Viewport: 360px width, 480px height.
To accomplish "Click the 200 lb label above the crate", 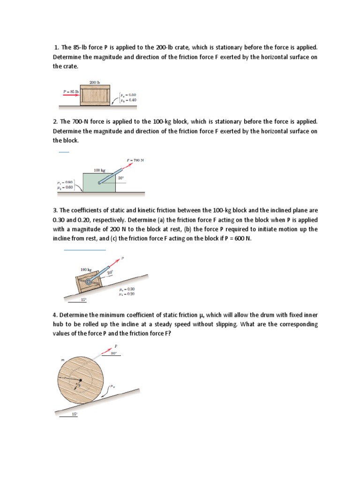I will pyautogui.click(x=95, y=82).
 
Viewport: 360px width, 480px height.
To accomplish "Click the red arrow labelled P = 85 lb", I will pyautogui.click(x=71, y=94).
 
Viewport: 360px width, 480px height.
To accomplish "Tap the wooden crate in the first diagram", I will pyautogui.click(x=95, y=96).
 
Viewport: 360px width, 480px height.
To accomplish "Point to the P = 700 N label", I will pyautogui.click(x=135, y=160).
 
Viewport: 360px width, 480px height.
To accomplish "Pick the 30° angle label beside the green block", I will pyautogui.click(x=120, y=178).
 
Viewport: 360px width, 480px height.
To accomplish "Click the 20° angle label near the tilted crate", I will pyautogui.click(x=111, y=272).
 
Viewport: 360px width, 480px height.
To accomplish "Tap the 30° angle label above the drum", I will pyautogui.click(x=113, y=354).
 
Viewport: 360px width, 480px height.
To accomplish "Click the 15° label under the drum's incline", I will pyautogui.click(x=74, y=414).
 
